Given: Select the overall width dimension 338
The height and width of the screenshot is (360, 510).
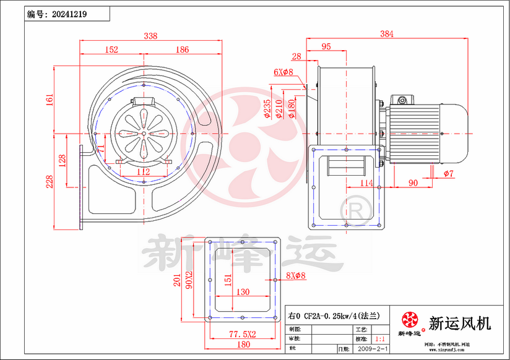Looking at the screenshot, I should tap(150, 36).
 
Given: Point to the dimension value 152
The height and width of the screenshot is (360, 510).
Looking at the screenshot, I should tap(111, 49).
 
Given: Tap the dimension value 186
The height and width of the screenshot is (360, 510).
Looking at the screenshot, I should tap(182, 49).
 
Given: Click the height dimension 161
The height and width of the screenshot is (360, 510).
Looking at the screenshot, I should tap(50, 99).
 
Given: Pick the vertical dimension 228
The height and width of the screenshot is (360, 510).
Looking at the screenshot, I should tap(50, 181).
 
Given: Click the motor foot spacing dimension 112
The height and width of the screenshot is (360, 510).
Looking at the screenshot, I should tap(143, 171).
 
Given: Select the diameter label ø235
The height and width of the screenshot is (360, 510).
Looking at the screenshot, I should tap(267, 108).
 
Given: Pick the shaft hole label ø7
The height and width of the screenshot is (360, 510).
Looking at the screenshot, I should tap(449, 174).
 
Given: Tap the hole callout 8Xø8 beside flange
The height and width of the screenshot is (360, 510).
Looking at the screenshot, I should tap(296, 276).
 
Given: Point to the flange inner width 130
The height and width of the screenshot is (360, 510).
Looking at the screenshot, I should tap(243, 291).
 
